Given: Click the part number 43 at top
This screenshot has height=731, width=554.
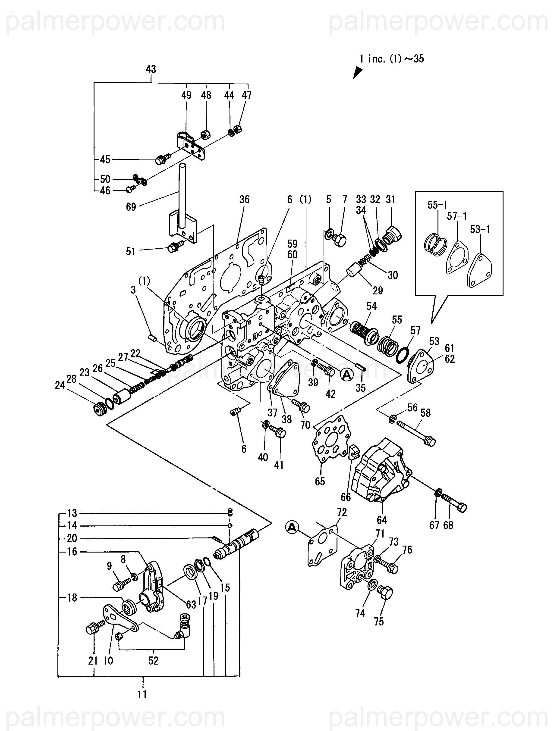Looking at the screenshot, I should pyautogui.click(x=151, y=69).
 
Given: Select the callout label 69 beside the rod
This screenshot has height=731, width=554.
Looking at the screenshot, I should pyautogui.click(x=131, y=207).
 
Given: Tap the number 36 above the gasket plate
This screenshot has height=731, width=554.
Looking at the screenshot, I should pyautogui.click(x=244, y=200).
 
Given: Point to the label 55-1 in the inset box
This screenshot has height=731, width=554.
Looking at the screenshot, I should pyautogui.click(x=437, y=205).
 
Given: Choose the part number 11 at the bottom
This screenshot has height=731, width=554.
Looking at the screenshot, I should pyautogui.click(x=142, y=695).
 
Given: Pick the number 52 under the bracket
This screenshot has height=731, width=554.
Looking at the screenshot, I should pyautogui.click(x=153, y=661).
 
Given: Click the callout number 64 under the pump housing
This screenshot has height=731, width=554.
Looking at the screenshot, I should pyautogui.click(x=382, y=520).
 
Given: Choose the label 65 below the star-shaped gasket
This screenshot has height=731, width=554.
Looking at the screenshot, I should pyautogui.click(x=320, y=481).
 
